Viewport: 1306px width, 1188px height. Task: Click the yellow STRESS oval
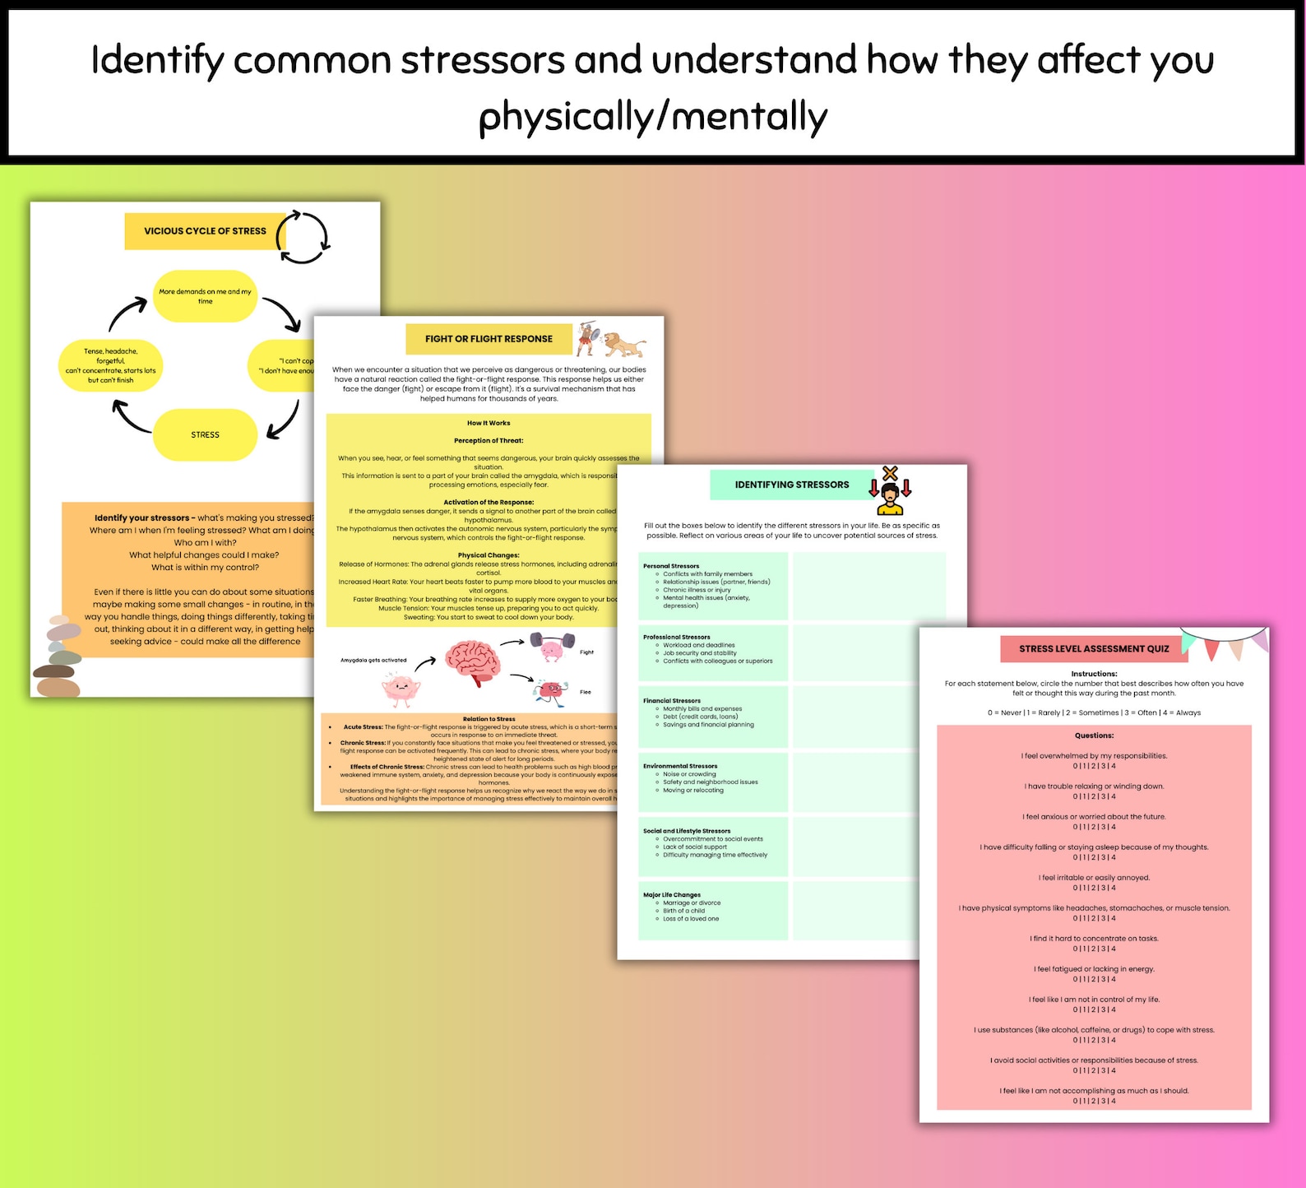tap(205, 434)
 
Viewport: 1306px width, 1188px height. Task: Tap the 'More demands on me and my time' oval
tap(205, 296)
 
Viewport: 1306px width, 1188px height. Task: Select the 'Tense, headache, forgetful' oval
tap(110, 365)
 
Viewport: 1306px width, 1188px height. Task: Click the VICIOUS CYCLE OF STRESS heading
tap(205, 231)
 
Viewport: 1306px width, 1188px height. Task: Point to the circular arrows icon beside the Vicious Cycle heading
tap(303, 237)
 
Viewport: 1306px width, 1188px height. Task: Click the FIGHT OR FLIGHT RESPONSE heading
tap(489, 339)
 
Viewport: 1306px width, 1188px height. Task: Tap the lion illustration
tap(623, 343)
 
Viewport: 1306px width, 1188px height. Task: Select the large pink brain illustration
tap(473, 661)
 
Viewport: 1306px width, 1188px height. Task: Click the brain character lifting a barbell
tap(552, 646)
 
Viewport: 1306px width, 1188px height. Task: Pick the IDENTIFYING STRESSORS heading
tap(791, 485)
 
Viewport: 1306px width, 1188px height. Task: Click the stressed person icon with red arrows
tap(890, 491)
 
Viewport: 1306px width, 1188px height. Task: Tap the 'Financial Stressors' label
tap(672, 701)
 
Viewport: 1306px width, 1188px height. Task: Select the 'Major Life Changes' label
tap(672, 895)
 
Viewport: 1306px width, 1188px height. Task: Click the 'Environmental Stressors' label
tap(680, 766)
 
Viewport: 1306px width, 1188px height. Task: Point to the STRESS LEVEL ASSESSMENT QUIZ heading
tap(1094, 649)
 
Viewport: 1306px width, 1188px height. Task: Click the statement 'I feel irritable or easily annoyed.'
tap(1094, 878)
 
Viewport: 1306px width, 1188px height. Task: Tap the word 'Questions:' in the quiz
tap(1094, 736)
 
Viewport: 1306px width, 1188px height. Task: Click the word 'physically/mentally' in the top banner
tap(652, 117)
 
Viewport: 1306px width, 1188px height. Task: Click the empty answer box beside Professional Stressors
tap(869, 652)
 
